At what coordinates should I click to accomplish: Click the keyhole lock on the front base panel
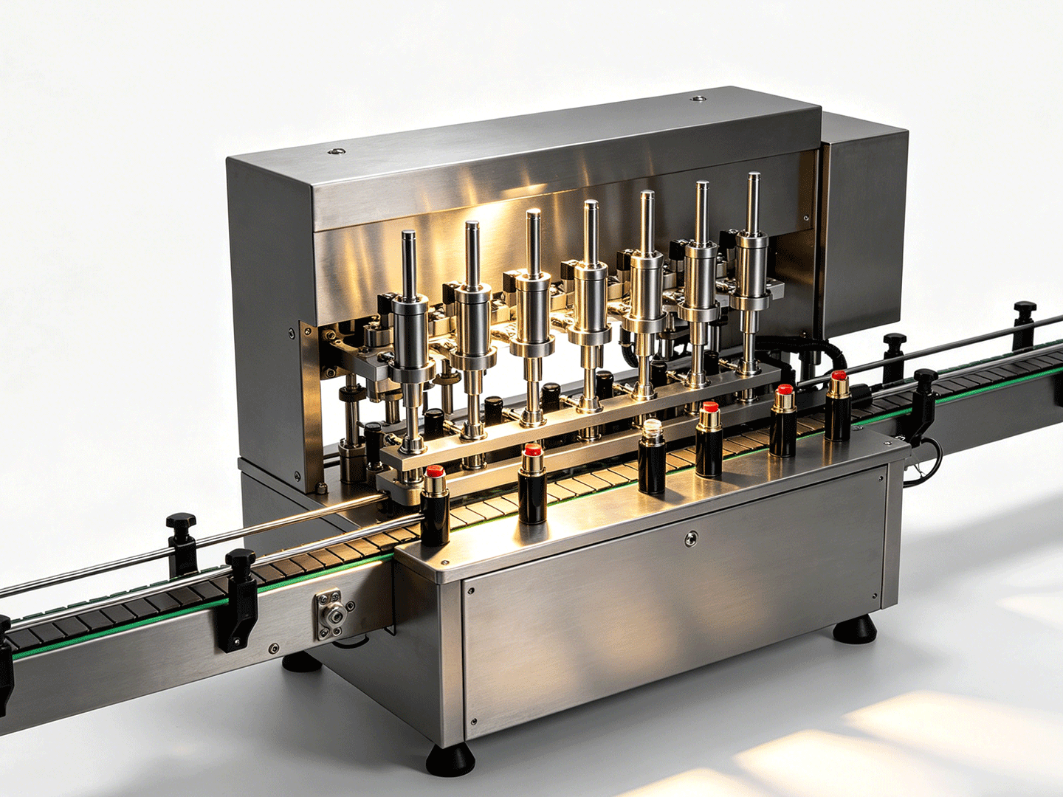tap(690, 539)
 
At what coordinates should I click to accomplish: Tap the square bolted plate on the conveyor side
tap(334, 614)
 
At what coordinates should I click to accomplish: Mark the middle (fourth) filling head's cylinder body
tap(589, 295)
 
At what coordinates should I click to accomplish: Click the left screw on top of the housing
tap(337, 151)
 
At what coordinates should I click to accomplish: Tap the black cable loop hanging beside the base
tap(926, 461)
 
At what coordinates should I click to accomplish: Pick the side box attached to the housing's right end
tap(864, 221)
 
